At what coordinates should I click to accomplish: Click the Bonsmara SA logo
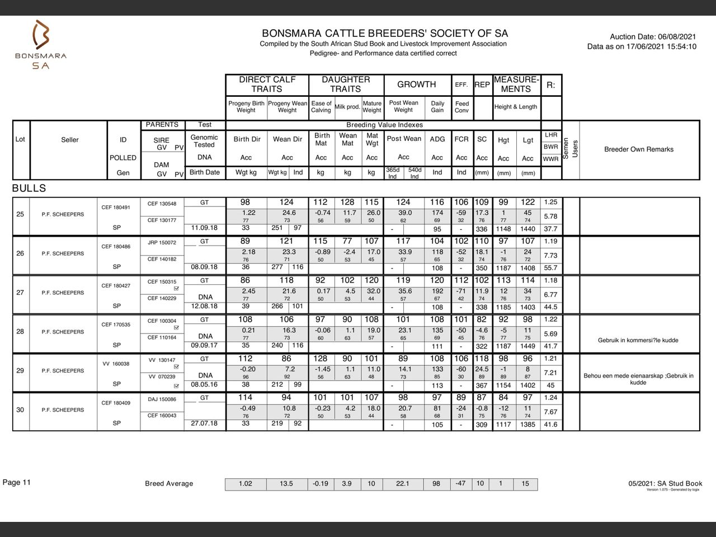click(40, 44)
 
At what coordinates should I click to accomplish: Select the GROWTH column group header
click(416, 84)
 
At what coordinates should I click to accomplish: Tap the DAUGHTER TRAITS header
click(346, 84)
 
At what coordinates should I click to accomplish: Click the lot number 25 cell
click(20, 214)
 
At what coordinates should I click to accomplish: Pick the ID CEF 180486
click(116, 247)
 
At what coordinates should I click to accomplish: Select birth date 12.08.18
click(204, 307)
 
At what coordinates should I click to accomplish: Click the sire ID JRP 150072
click(162, 243)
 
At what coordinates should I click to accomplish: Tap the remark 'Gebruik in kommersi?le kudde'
click(638, 340)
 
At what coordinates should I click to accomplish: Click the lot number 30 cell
click(20, 410)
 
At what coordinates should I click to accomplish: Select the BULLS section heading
click(29, 189)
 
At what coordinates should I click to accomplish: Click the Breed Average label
click(169, 484)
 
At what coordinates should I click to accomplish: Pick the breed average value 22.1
click(402, 484)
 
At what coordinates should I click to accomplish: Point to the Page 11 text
click(17, 482)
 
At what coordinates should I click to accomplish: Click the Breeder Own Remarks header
click(639, 149)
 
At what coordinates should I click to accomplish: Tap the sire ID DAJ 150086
click(162, 399)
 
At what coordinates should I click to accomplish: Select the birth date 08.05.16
click(204, 385)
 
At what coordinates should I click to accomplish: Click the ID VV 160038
click(116, 364)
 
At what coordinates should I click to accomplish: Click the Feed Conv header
click(462, 107)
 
